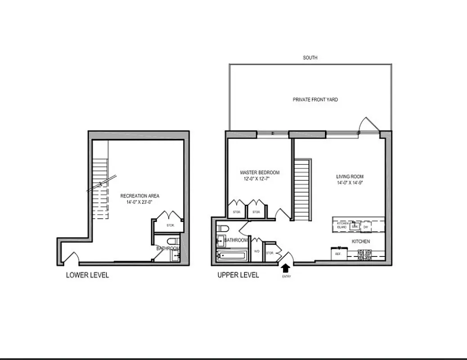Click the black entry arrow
click(x=285, y=268)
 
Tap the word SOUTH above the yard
click(x=310, y=58)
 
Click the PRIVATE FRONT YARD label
click(x=315, y=99)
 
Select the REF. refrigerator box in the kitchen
click(x=337, y=254)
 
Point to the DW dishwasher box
click(x=366, y=227)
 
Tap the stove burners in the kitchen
click(x=364, y=255)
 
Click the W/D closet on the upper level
click(x=257, y=252)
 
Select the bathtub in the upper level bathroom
click(x=232, y=256)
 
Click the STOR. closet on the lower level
click(x=170, y=225)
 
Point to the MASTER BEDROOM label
click(x=260, y=172)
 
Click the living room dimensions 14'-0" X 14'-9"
click(x=350, y=183)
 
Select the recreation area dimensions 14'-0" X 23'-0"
click(x=139, y=202)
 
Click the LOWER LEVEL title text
click(x=87, y=275)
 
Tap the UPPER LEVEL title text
click(x=238, y=275)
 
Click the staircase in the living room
click(x=302, y=189)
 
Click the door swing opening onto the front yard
click(x=367, y=125)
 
